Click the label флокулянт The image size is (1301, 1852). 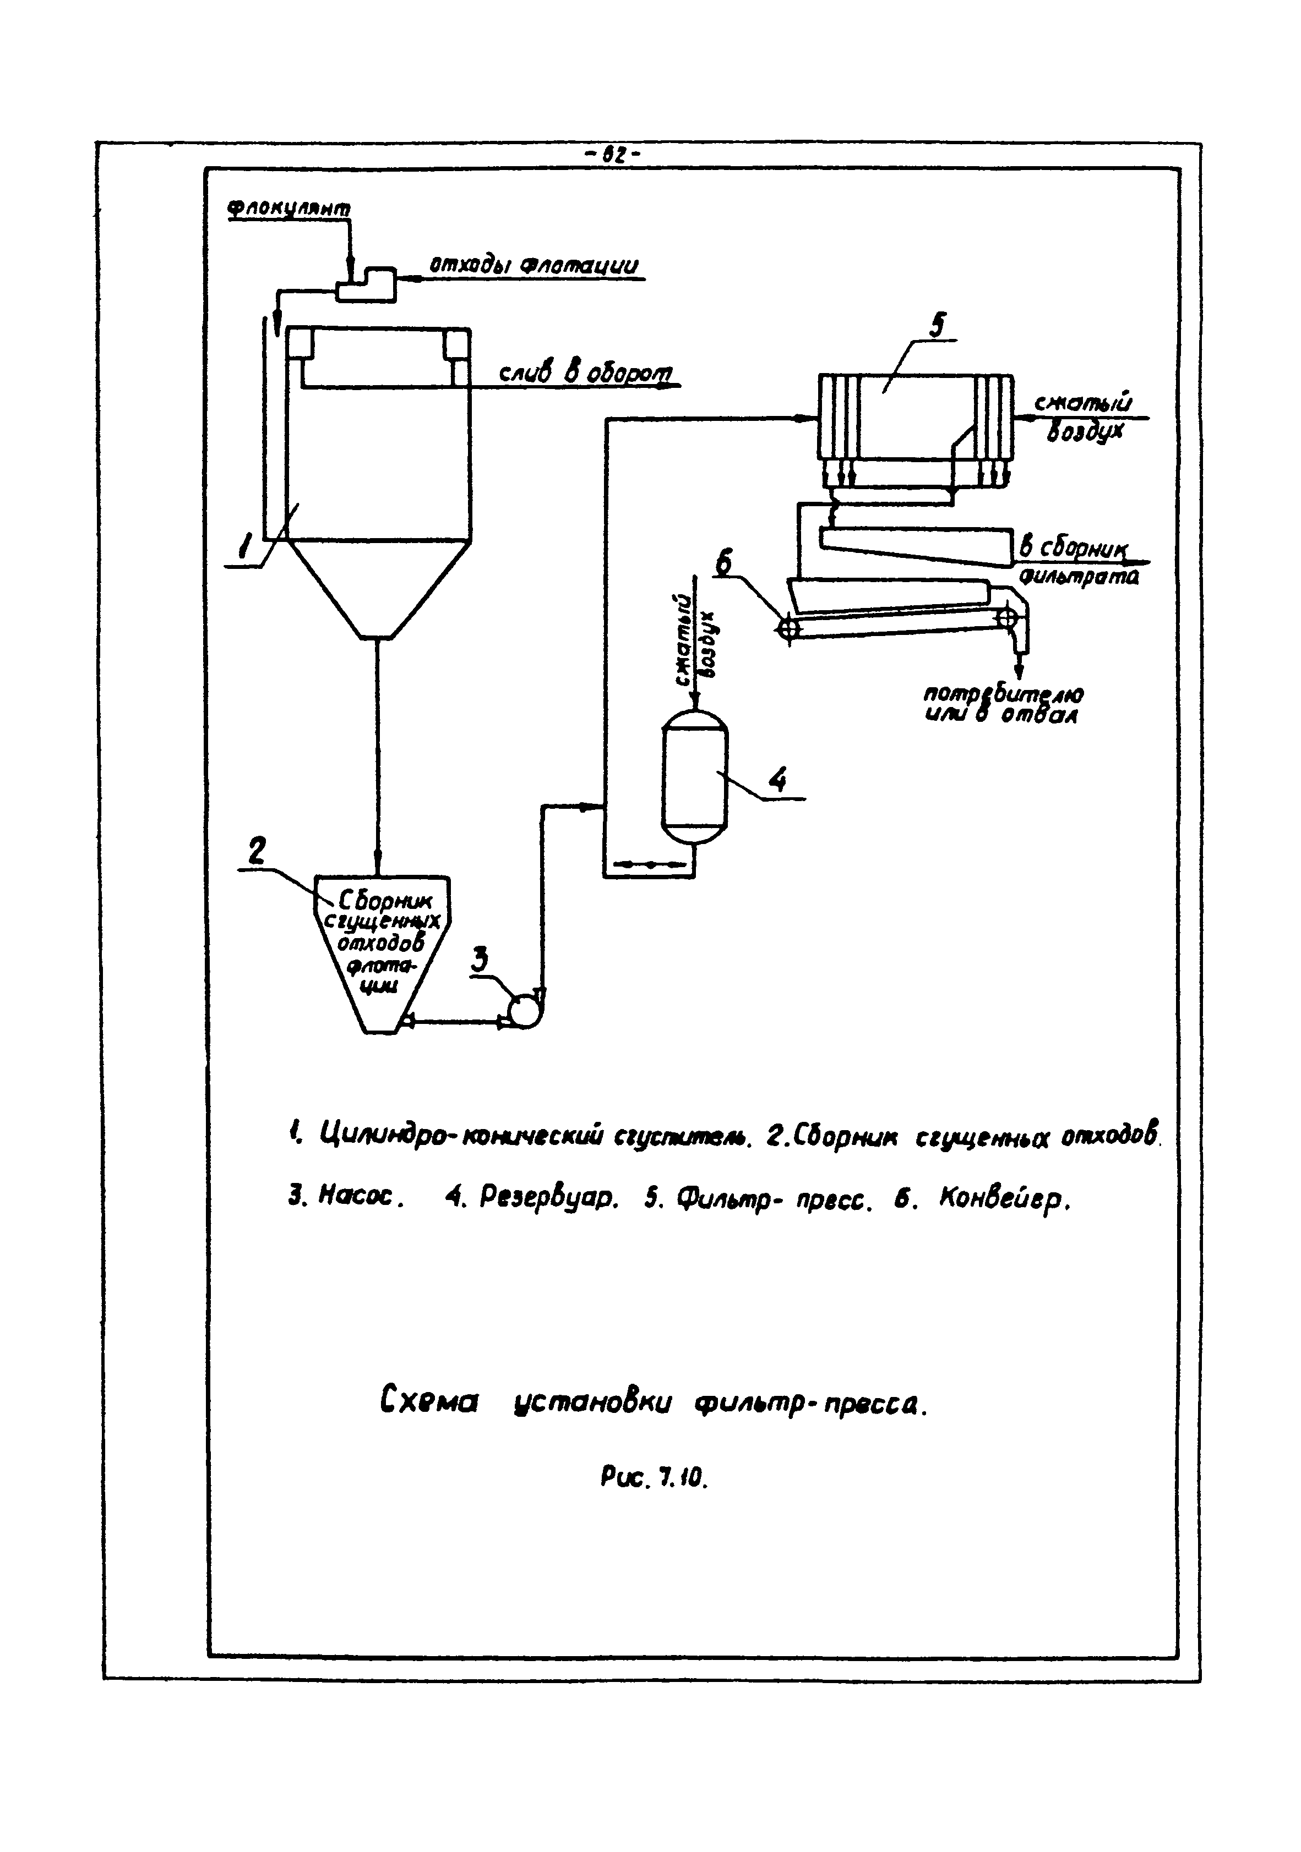point(289,208)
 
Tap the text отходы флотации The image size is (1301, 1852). point(532,265)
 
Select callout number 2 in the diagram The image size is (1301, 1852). point(257,851)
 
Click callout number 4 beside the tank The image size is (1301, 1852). point(777,780)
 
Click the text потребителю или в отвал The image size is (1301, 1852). point(1003,704)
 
